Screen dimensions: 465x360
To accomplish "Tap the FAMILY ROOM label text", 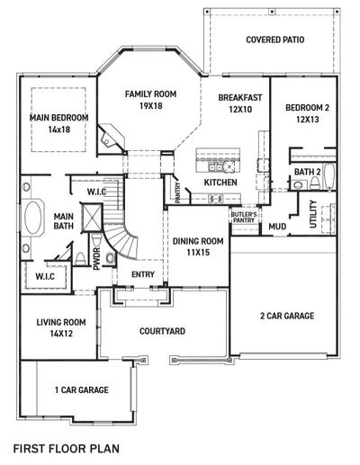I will click(150, 94).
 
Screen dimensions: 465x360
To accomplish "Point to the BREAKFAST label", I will click(239, 97).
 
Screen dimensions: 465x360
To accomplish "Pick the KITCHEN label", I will click(220, 183).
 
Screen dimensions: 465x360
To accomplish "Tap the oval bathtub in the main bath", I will click(33, 219).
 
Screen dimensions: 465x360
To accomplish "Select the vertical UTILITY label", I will click(313, 215).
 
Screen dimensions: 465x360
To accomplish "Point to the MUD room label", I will click(277, 227).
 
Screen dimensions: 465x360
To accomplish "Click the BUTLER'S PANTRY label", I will click(243, 216).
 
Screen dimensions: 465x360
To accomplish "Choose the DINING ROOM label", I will click(197, 241).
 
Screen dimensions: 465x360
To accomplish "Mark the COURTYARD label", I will click(163, 331).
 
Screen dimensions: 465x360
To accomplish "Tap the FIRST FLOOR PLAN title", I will click(66, 446).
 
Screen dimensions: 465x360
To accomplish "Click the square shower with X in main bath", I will click(92, 217).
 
